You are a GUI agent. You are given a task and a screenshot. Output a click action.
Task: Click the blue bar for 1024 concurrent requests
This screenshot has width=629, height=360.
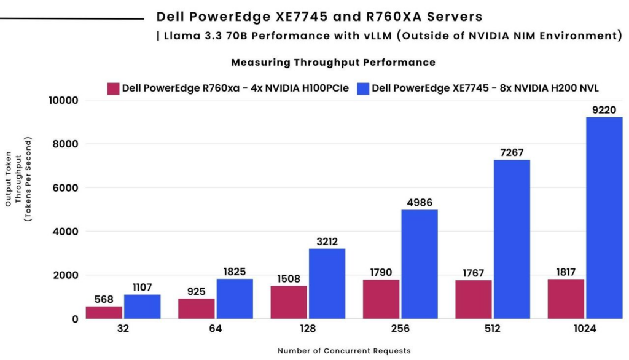[x=604, y=218]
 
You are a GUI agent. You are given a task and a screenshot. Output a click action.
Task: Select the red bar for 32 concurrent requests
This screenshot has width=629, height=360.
[x=104, y=313]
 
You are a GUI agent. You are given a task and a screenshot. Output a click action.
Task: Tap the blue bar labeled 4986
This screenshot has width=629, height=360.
[x=420, y=265]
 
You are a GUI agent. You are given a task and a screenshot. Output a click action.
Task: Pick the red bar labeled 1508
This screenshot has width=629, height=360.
[x=289, y=302]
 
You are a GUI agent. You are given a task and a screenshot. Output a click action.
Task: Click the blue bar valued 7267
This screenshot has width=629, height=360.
[x=512, y=240]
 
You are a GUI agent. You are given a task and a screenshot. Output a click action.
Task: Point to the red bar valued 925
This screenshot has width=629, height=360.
[x=197, y=308]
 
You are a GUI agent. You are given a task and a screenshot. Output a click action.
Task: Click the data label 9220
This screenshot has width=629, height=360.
[x=604, y=109]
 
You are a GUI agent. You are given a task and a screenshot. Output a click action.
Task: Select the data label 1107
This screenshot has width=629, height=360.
[x=142, y=288]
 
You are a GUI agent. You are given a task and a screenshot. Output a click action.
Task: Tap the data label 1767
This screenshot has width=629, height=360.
[x=474, y=273]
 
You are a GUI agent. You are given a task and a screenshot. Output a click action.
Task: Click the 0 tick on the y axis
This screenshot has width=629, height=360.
[x=75, y=319]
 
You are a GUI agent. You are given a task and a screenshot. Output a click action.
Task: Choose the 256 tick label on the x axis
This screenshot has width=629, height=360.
[x=400, y=329]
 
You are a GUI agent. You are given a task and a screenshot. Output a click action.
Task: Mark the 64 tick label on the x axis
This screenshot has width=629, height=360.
[x=216, y=329]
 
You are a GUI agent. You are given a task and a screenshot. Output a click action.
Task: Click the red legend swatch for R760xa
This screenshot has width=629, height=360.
[x=113, y=88]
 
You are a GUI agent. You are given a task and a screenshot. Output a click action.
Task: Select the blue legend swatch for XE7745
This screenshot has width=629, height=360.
[x=363, y=88]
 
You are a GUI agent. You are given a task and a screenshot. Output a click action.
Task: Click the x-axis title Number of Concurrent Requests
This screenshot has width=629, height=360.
[x=344, y=351]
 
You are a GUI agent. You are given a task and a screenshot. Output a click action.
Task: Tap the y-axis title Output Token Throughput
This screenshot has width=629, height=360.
[x=18, y=179]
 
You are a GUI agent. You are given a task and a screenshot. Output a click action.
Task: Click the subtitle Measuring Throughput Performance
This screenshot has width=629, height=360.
[x=334, y=63]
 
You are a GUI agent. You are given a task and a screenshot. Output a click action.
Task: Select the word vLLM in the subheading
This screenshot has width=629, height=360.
[x=378, y=36]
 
